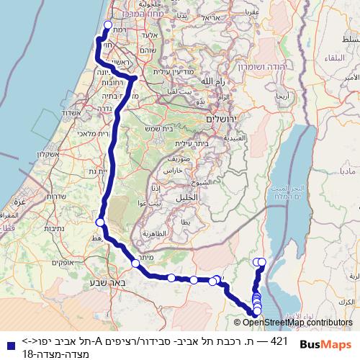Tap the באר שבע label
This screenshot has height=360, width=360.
pos(102,282)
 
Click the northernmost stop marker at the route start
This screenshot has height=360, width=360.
pos(108,24)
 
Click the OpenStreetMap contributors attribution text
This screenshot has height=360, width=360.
pos(297,323)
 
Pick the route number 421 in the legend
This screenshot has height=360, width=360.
pos(279,340)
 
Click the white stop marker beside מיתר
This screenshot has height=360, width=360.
pos(135,264)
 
